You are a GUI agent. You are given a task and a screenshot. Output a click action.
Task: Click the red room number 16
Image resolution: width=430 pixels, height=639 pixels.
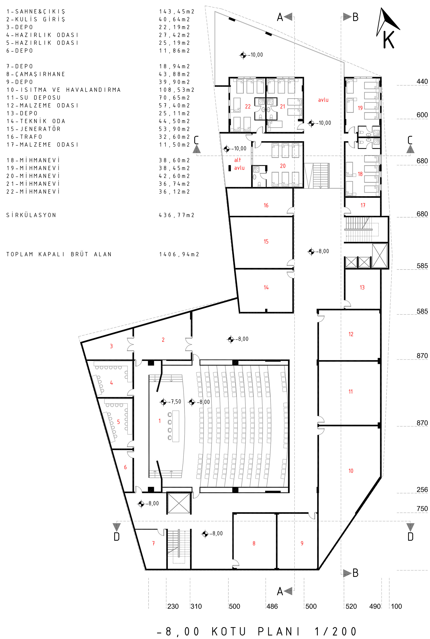[266, 205]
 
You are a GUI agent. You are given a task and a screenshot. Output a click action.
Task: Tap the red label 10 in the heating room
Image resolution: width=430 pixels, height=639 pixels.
[351, 471]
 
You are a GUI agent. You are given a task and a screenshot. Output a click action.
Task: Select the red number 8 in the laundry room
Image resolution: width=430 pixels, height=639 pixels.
[254, 543]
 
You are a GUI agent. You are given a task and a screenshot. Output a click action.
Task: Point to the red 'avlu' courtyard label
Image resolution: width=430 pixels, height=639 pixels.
[323, 100]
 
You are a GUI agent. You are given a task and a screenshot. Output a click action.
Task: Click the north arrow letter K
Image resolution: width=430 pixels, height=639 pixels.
[389, 40]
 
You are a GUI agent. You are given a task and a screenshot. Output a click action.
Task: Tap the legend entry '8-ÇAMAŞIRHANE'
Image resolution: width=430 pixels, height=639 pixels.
[36, 74]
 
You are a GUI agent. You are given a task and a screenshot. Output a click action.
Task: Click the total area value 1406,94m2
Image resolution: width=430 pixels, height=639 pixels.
[179, 254]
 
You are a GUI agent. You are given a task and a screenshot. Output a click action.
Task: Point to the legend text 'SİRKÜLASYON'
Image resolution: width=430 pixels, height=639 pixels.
[31, 215]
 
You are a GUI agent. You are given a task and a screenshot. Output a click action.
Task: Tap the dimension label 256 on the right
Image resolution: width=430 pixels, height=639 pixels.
[422, 490]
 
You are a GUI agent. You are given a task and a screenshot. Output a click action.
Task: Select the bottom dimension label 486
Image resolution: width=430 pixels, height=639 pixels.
[272, 606]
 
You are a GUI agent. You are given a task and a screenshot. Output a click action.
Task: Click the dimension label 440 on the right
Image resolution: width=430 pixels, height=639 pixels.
[422, 82]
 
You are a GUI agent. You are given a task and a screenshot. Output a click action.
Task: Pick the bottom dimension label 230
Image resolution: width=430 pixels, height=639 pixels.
[173, 606]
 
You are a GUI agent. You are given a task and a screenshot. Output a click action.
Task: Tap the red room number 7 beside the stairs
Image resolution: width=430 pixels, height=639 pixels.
[153, 543]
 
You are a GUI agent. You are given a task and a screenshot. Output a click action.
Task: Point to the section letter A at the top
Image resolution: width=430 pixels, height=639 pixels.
[280, 17]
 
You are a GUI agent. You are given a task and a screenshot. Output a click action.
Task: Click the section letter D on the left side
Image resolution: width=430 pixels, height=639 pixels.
[117, 537]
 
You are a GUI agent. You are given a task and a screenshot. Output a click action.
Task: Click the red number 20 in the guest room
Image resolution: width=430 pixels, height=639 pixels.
[283, 166]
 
